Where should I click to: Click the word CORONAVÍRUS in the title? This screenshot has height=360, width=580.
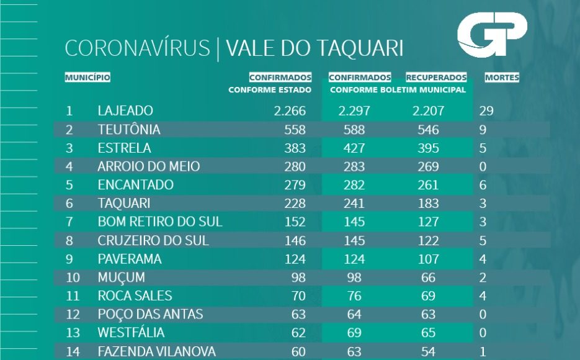(x=137, y=49)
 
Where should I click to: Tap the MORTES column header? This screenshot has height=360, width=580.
(x=501, y=78)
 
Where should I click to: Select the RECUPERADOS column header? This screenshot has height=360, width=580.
(x=436, y=78)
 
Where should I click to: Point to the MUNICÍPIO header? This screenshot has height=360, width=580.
(x=87, y=78)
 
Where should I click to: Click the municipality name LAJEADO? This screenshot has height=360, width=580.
(x=125, y=112)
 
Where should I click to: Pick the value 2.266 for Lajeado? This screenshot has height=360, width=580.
(x=290, y=112)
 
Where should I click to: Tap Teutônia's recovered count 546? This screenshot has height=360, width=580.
(x=428, y=130)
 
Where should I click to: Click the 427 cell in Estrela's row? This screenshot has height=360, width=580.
(x=354, y=148)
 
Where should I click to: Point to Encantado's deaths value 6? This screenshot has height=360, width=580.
(x=483, y=185)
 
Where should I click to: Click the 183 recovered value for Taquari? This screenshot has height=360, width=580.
(x=428, y=204)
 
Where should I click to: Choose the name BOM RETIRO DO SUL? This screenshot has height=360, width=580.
(x=160, y=222)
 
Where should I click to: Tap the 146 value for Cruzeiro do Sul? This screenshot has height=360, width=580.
(x=295, y=240)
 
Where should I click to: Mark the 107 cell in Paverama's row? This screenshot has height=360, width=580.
(x=428, y=259)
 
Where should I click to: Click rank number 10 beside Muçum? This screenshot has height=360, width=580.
(x=73, y=277)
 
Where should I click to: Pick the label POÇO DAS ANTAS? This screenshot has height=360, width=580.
(x=150, y=315)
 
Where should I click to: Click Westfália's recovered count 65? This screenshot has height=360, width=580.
(x=428, y=333)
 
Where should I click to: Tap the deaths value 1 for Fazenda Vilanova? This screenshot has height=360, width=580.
(x=483, y=352)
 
